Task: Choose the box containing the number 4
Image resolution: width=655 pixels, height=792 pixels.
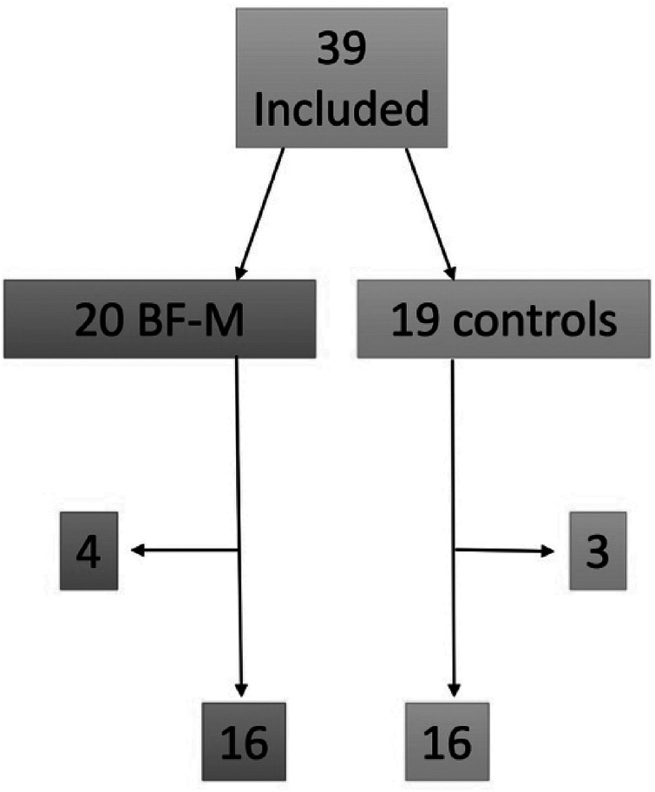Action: tap(88, 551)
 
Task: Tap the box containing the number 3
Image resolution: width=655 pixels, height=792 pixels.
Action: tap(598, 551)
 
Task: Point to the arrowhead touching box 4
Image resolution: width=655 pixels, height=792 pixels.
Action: tap(137, 551)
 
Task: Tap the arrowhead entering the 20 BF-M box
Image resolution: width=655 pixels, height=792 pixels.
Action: tap(240, 268)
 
